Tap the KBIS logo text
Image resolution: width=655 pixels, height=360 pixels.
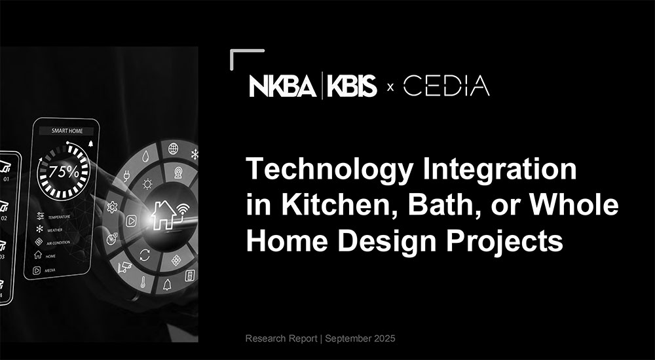coord(350,86)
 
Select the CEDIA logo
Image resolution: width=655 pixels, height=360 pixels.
coord(446,86)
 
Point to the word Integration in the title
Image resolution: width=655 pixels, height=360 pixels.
coord(495,170)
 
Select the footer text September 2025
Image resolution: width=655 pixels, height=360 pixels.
coord(360,338)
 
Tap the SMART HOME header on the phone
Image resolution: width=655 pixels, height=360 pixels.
coord(63,130)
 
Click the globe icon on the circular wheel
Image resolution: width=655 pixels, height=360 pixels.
coord(174,149)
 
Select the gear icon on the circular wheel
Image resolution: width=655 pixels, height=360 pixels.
coord(112,207)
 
